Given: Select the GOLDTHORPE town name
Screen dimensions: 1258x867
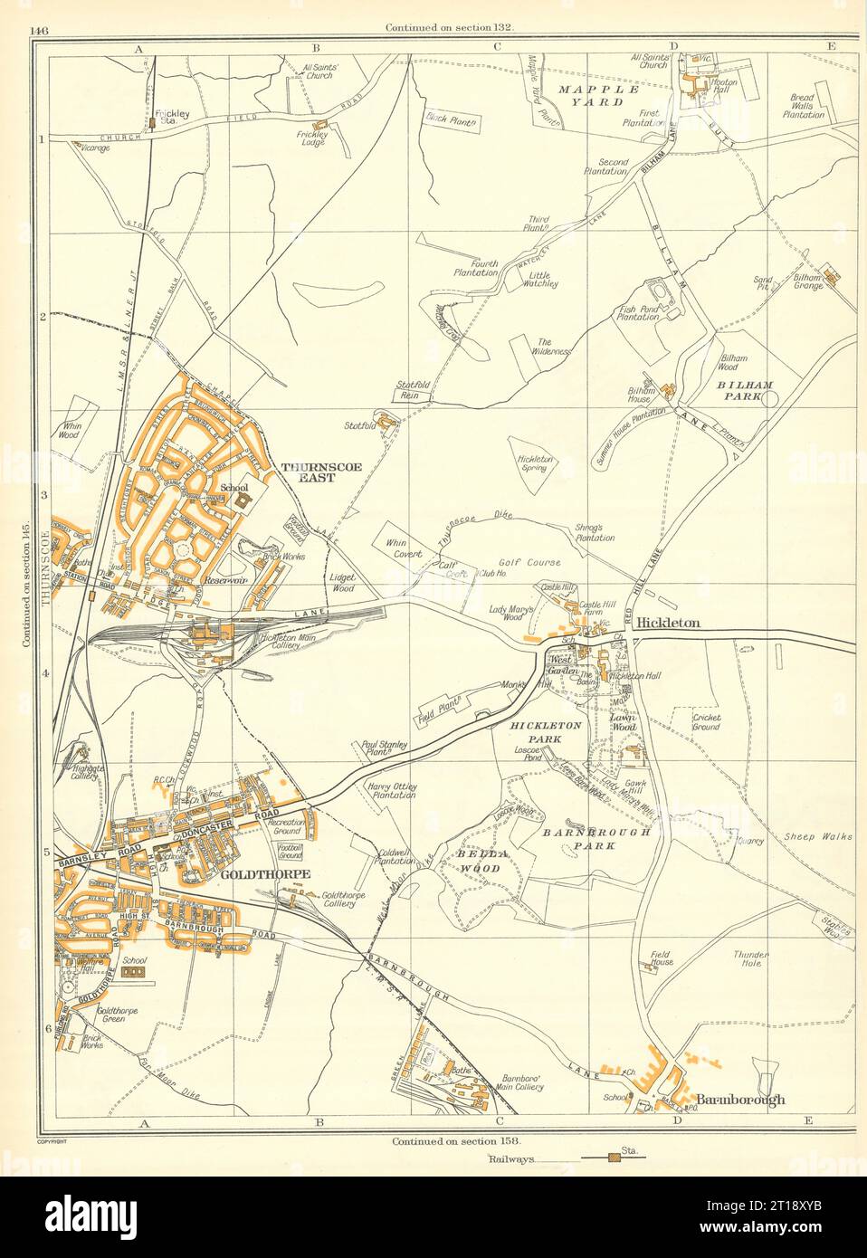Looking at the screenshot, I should (265, 874).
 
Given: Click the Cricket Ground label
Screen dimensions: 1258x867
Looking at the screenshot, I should (706, 721).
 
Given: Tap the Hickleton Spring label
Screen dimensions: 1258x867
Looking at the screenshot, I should (535, 464).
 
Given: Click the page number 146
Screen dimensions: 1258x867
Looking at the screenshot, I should (38, 30).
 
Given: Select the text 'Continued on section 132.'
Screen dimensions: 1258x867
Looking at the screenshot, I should (449, 27).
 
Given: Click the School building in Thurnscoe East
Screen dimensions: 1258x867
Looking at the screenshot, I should (242, 500).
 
